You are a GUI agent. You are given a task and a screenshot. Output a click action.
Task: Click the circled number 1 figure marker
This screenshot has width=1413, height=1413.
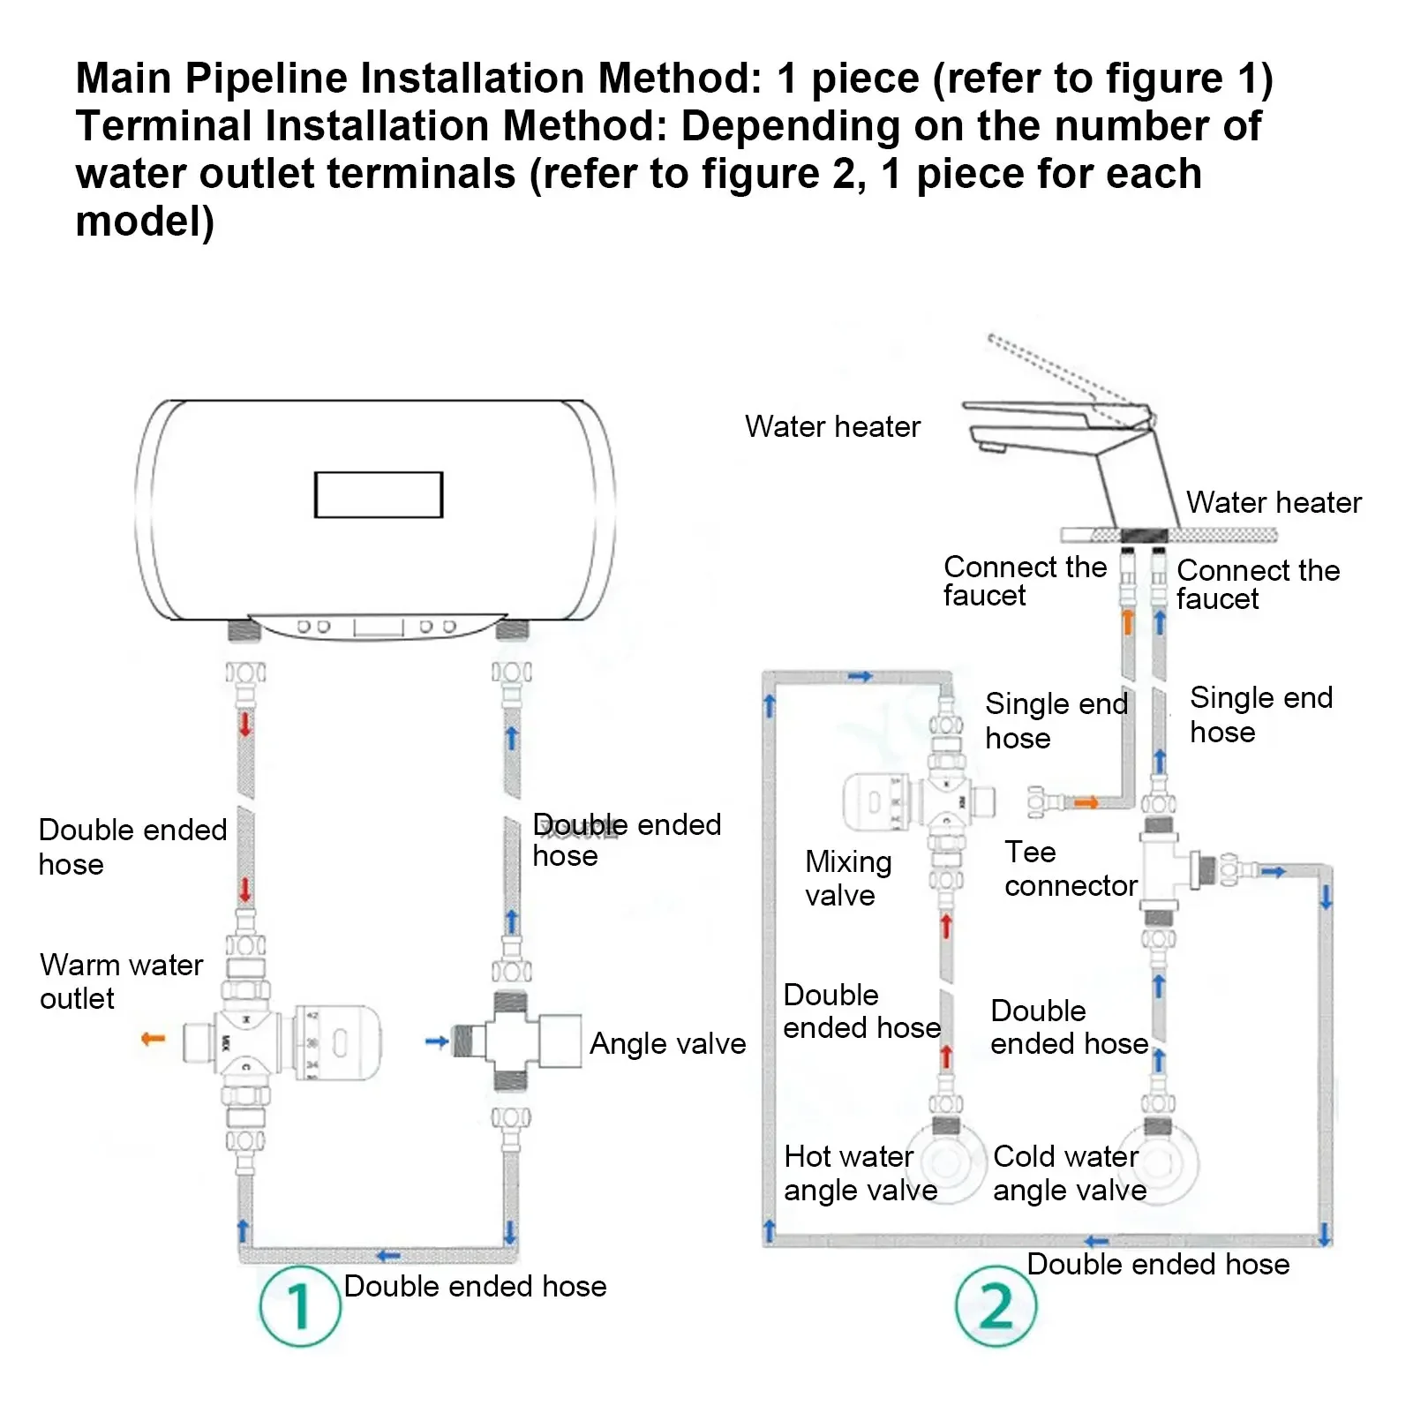[300, 1305]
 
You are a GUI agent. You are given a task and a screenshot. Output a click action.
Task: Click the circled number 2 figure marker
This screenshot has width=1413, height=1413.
[996, 1305]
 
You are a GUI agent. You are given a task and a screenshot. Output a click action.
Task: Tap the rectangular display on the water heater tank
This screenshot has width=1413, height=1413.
[378, 494]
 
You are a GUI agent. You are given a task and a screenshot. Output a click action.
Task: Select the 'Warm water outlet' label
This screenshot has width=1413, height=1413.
[121, 981]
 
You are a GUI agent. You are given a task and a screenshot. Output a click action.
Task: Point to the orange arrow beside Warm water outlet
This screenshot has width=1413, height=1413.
[154, 1039]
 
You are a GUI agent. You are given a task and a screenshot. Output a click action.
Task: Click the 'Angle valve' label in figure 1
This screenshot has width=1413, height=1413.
[667, 1043]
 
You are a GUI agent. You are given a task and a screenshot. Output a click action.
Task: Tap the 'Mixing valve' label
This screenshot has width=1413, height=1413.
[847, 878]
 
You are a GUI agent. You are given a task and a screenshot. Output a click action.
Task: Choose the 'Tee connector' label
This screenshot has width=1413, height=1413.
[1070, 868]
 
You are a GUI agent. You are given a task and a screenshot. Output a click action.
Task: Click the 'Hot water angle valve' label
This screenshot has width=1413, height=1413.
[860, 1173]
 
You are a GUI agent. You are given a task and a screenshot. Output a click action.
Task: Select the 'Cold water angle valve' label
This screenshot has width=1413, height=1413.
[1069, 1173]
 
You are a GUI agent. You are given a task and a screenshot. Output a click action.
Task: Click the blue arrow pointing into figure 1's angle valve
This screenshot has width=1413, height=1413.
[437, 1041]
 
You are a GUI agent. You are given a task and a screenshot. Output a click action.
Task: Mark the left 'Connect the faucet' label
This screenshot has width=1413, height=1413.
[1024, 581]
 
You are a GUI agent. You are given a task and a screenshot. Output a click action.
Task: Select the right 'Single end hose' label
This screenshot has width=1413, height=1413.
[1260, 714]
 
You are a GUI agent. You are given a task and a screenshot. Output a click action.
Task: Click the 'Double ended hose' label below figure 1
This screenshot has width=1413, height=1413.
[475, 1286]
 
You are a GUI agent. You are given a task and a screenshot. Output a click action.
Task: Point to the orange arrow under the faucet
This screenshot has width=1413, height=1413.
[1127, 621]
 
